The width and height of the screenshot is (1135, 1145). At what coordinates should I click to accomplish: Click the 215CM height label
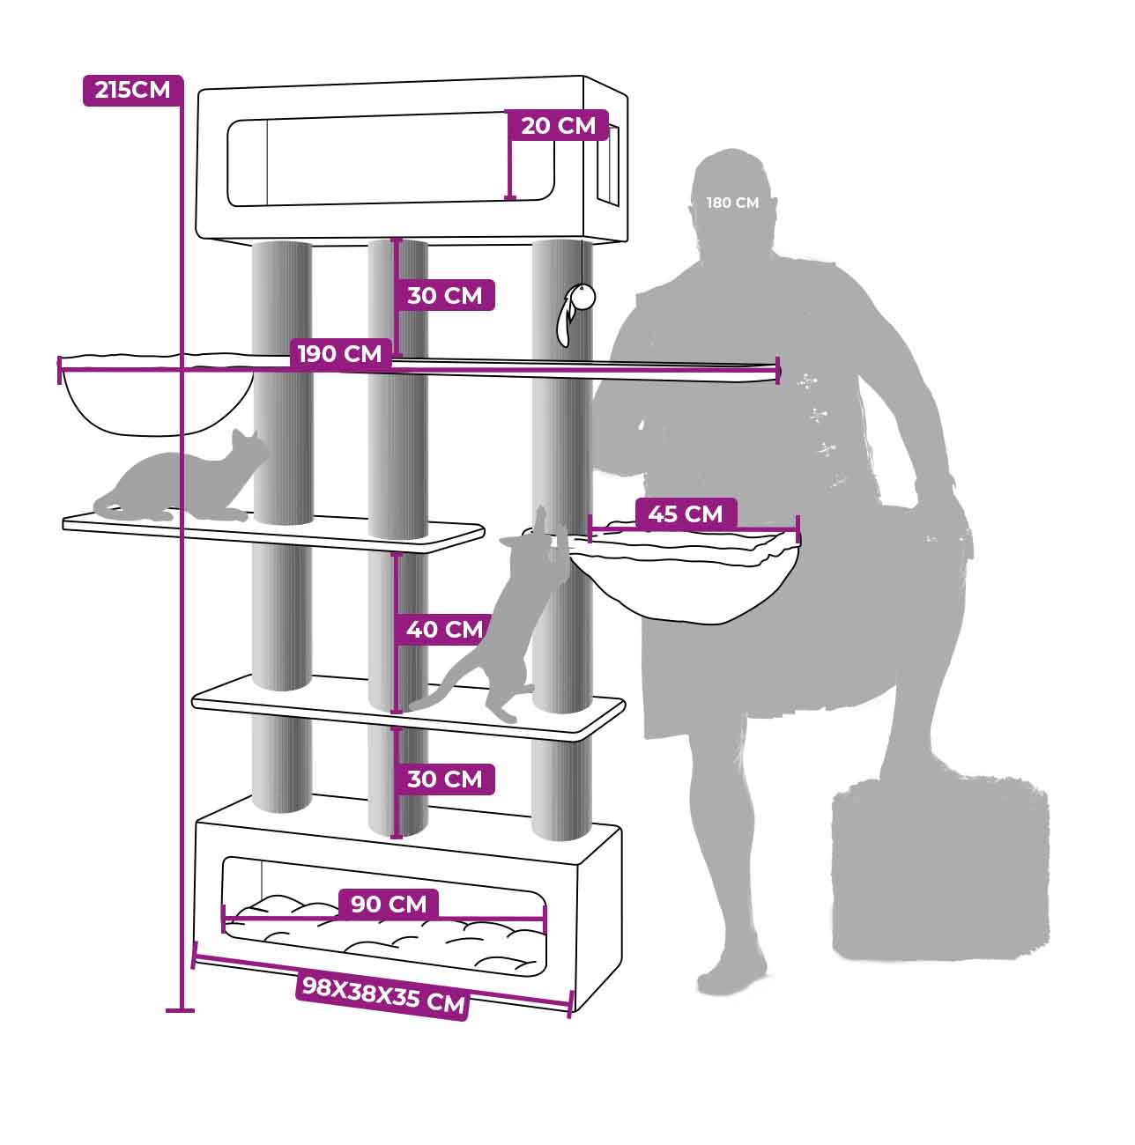click(x=132, y=91)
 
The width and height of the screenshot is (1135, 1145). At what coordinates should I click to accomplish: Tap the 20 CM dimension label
click(x=559, y=125)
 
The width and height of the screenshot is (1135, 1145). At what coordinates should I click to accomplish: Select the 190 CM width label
click(x=340, y=354)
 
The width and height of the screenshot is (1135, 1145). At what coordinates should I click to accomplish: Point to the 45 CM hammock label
click(x=686, y=514)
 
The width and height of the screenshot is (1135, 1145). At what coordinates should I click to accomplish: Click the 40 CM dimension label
click(x=445, y=630)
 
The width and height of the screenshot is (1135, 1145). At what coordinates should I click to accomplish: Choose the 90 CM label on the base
click(x=389, y=904)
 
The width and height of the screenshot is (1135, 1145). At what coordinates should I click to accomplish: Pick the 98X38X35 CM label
click(x=383, y=995)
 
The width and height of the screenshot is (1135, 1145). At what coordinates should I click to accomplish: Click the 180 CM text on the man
click(x=732, y=203)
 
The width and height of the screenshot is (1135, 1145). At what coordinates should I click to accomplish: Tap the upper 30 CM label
click(x=445, y=295)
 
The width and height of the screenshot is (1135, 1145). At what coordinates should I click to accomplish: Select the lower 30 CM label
click(x=445, y=779)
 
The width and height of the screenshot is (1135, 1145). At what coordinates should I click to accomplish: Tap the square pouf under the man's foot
click(x=939, y=869)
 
